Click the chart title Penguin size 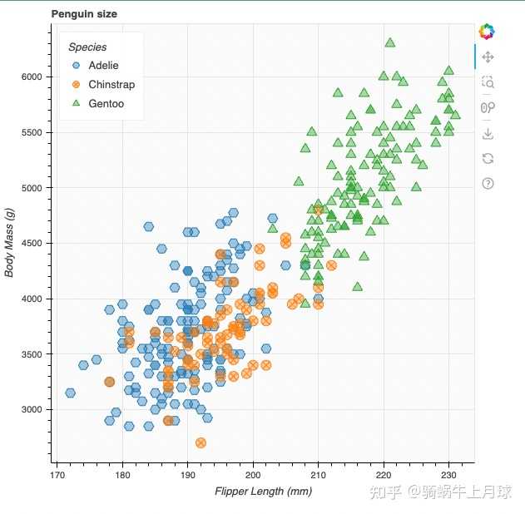[x=84, y=14]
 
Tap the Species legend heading [x=87, y=47]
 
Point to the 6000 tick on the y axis [x=32, y=77]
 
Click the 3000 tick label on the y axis [x=32, y=409]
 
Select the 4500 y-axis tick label [x=32, y=243]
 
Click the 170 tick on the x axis [x=57, y=475]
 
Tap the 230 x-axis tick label [x=449, y=475]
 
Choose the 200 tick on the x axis [x=253, y=475]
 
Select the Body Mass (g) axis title [x=10, y=243]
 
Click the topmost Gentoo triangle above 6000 [x=389, y=42]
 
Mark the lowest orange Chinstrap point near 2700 [x=201, y=442]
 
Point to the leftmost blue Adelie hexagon [x=70, y=393]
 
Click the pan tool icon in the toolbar [x=488, y=57]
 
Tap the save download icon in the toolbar [x=488, y=133]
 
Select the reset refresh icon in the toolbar [x=488, y=158]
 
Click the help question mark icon [x=488, y=183]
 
